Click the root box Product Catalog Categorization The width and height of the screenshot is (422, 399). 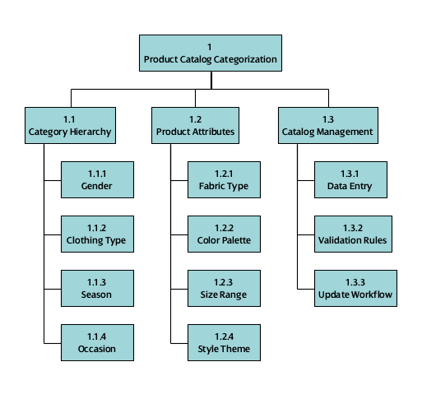(211, 53)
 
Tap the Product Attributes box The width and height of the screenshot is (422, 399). (195, 125)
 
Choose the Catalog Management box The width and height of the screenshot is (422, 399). (327, 125)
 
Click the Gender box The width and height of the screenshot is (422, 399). (97, 180)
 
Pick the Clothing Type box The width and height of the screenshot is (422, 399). (97, 234)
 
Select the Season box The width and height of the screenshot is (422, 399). (97, 289)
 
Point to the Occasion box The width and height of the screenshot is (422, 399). (97, 342)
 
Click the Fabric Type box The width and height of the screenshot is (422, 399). (224, 180)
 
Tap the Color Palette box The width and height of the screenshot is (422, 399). (224, 234)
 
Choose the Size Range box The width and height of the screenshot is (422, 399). (224, 289)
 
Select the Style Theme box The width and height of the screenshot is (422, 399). (224, 342)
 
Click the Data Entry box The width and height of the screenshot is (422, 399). (355, 180)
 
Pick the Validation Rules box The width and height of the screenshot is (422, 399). (355, 234)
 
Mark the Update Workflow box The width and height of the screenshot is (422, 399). (355, 289)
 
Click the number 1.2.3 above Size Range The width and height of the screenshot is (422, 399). (224, 282)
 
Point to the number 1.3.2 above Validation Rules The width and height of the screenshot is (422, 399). (355, 228)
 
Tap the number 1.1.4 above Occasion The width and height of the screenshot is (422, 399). (97, 336)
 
